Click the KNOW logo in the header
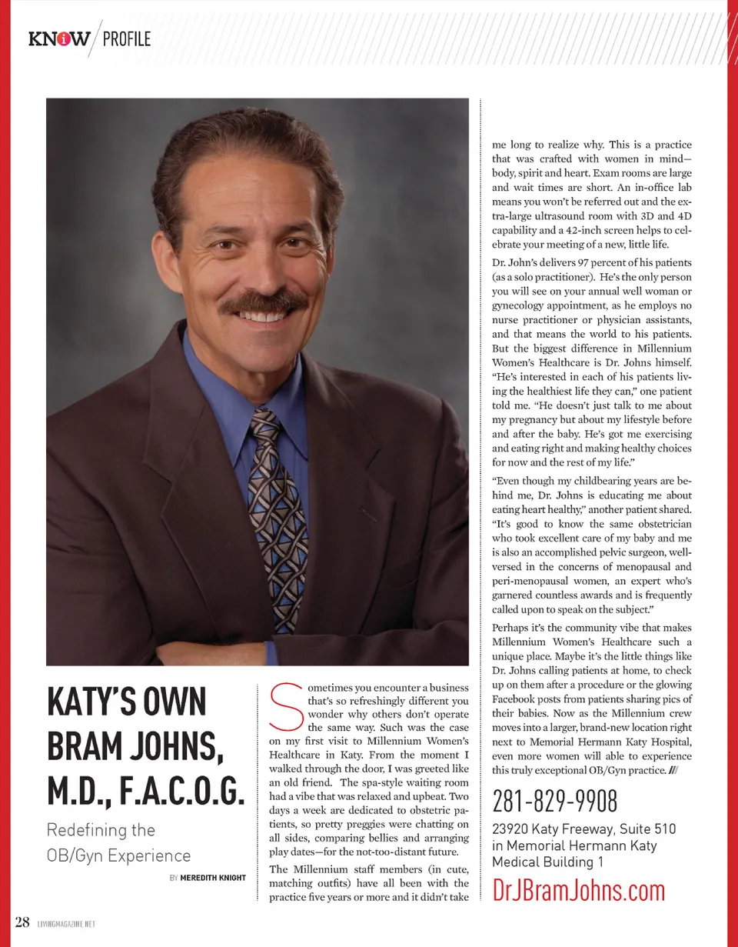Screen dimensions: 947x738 coord(59,38)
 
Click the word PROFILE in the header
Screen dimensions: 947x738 coord(126,38)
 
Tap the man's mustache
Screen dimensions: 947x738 coord(264,302)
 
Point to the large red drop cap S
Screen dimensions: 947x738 coord(286,706)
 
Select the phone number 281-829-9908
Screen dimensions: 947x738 coord(554,802)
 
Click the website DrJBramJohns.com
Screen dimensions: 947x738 coord(578,890)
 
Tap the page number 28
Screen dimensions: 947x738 coord(22,921)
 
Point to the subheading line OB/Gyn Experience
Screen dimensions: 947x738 coord(119,855)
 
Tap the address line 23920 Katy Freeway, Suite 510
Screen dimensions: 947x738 coord(584,829)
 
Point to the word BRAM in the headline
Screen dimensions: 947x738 coord(87,746)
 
